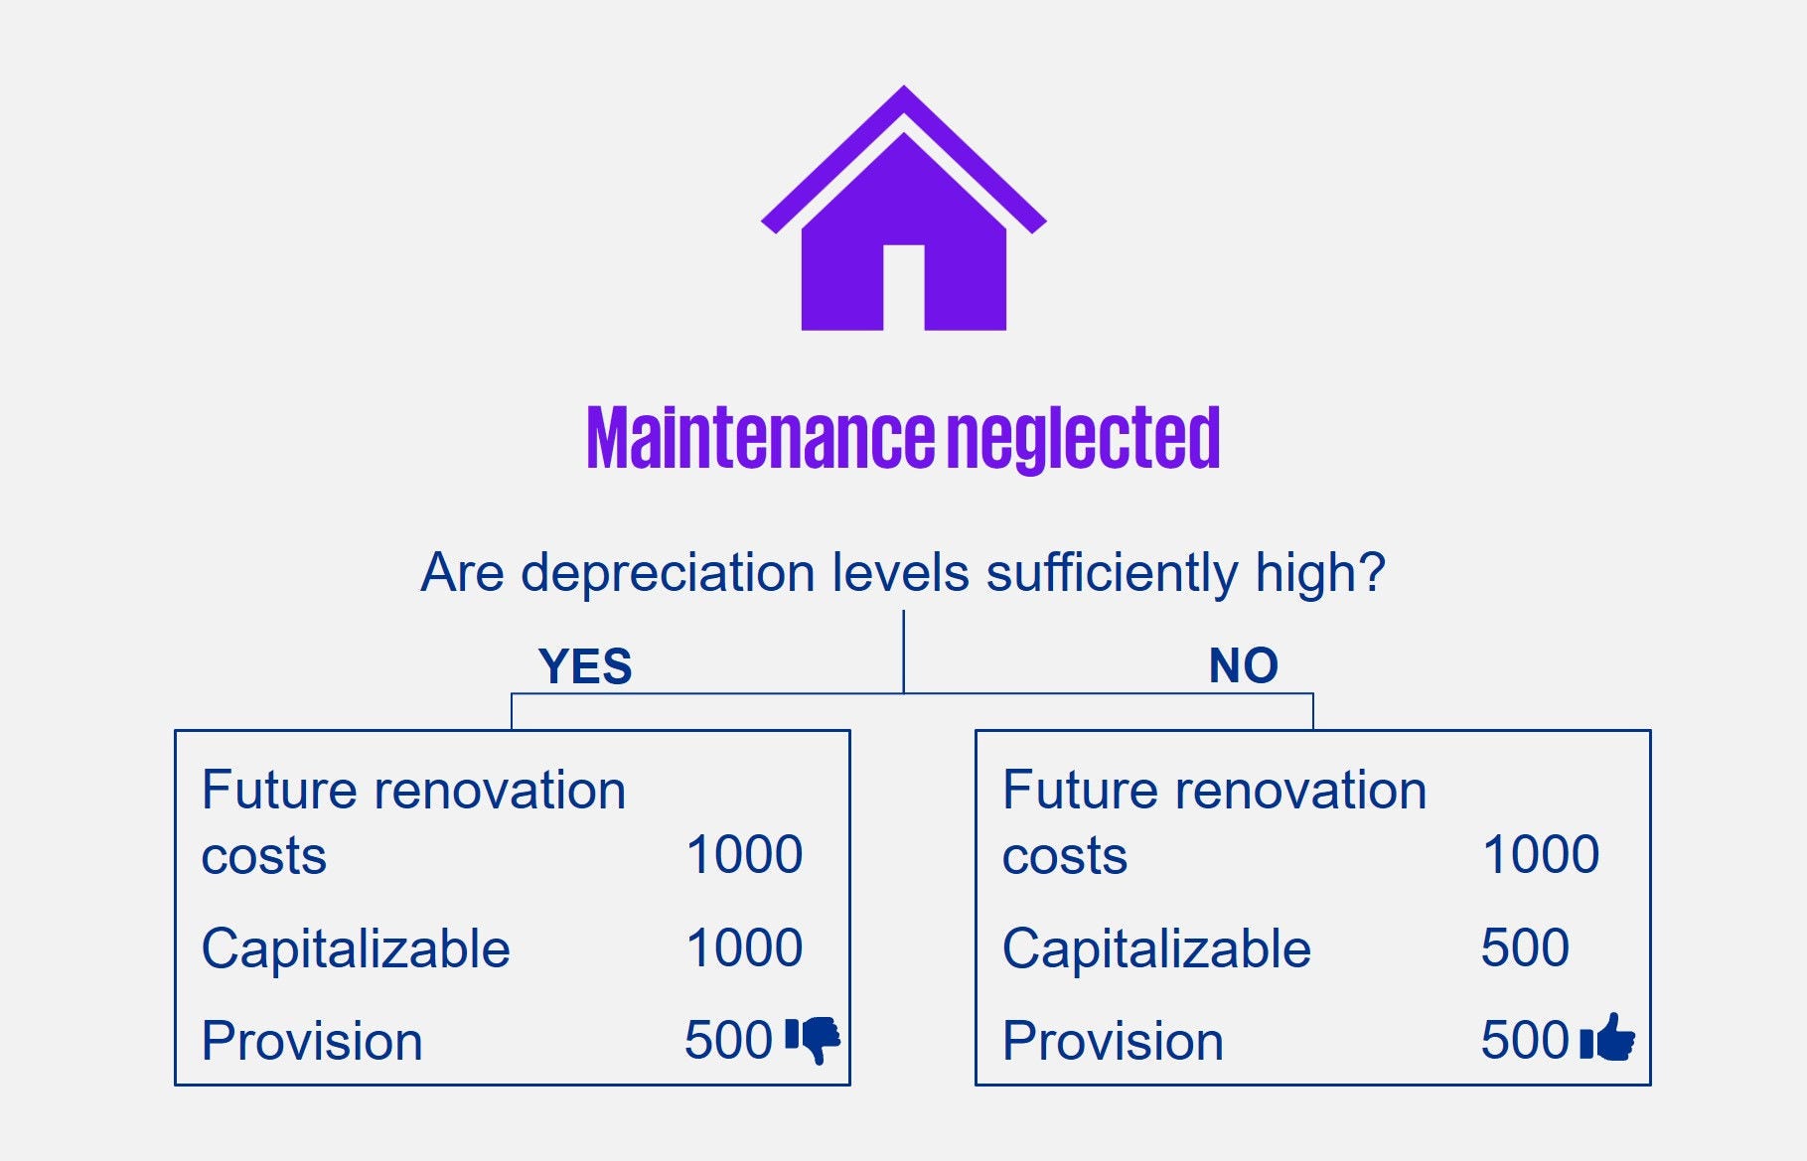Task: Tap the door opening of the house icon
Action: click(x=903, y=287)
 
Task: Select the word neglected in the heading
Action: click(x=1083, y=439)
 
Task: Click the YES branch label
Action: click(x=584, y=665)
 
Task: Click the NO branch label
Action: click(x=1243, y=665)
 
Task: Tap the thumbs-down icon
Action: click(x=813, y=1040)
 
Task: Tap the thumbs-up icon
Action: click(x=1607, y=1037)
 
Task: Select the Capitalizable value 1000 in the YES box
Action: click(x=744, y=947)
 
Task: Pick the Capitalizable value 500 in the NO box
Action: click(x=1525, y=947)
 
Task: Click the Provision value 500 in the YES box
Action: click(x=728, y=1040)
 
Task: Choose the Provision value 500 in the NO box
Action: click(x=1525, y=1040)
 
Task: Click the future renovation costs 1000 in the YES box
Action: click(x=744, y=854)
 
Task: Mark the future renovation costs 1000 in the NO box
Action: click(x=1541, y=854)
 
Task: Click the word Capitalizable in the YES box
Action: click(x=356, y=949)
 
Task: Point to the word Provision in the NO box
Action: click(x=1113, y=1041)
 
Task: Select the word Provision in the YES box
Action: click(x=312, y=1041)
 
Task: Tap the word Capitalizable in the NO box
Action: click(x=1156, y=949)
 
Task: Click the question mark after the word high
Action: click(x=1372, y=573)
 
